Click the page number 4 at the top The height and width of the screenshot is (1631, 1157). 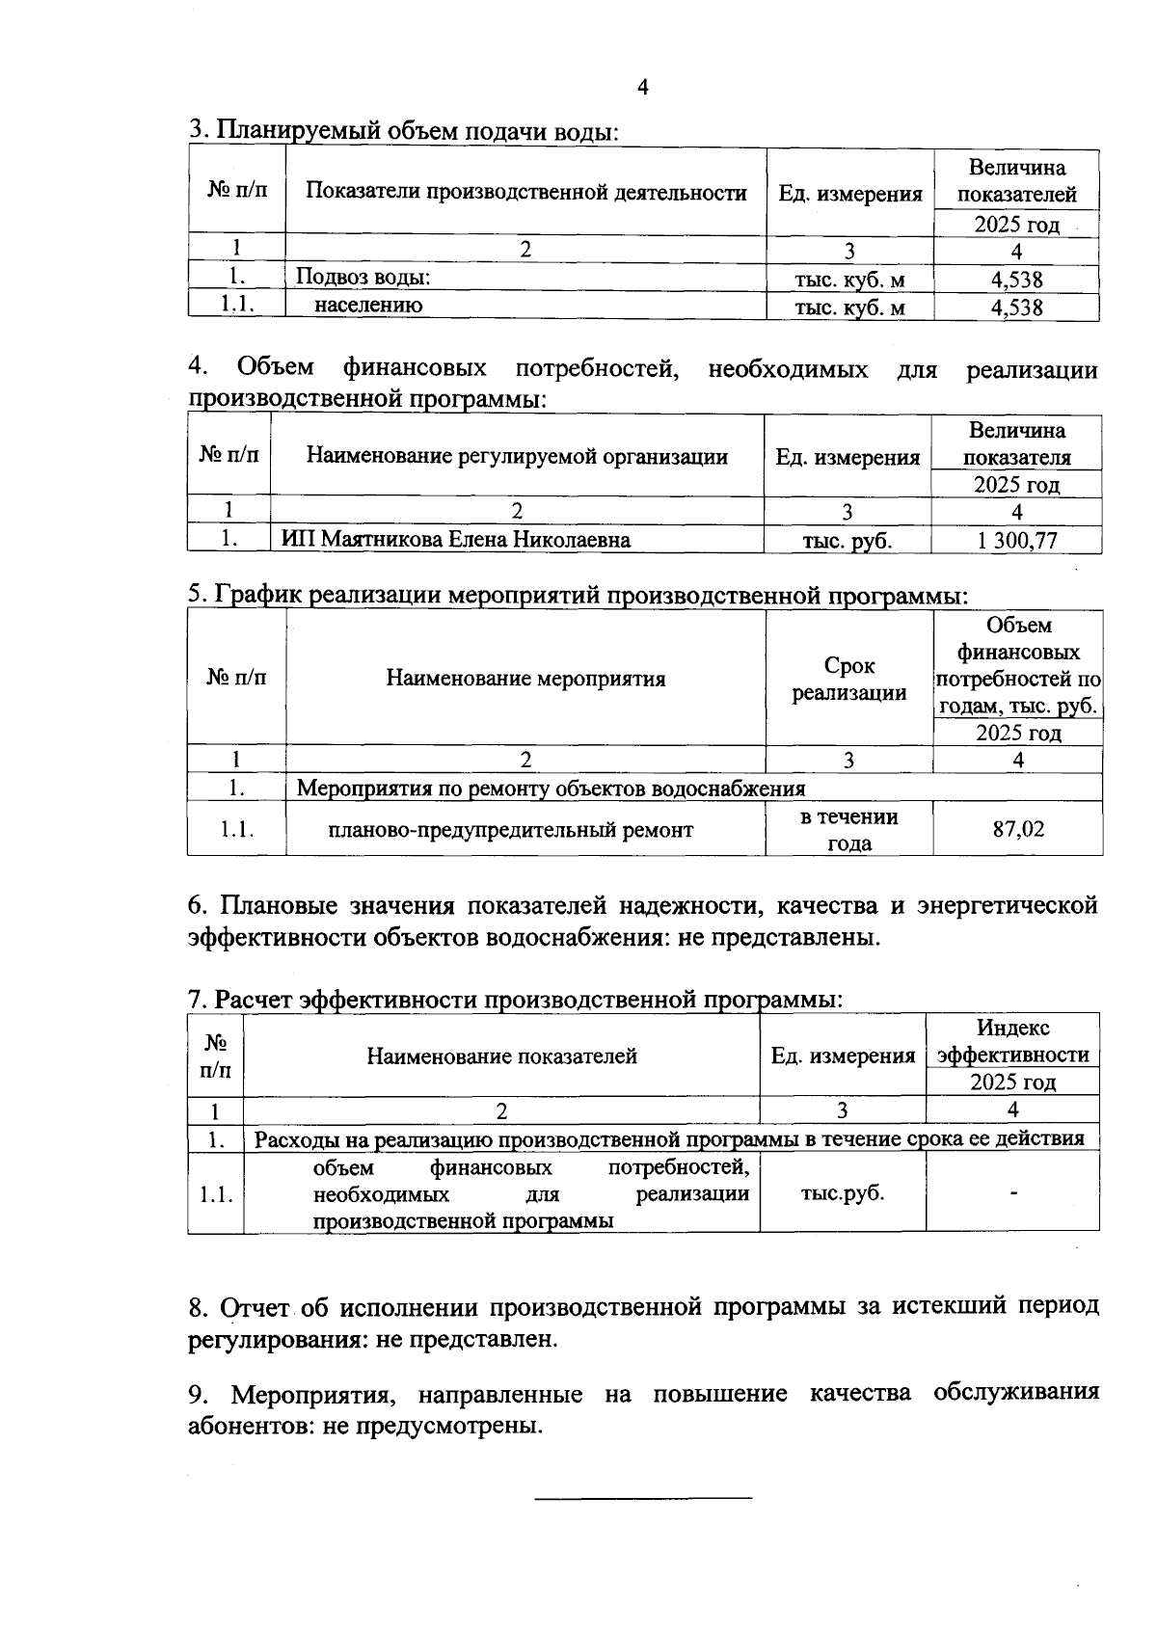point(643,88)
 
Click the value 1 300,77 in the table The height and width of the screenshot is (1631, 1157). point(1017,540)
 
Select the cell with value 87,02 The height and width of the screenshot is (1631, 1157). point(1018,829)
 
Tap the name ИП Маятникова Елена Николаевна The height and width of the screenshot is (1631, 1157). point(456,540)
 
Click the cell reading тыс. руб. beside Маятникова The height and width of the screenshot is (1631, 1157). point(847,541)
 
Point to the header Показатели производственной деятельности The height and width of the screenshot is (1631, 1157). point(525,192)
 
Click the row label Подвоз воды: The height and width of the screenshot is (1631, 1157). point(363,278)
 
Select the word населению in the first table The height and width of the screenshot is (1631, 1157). point(368,306)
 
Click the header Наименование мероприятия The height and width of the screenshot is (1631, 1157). point(525,679)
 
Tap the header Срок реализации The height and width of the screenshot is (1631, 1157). point(848,679)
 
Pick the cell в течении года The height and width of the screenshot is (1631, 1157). point(848,829)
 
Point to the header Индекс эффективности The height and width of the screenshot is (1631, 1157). point(1012,1041)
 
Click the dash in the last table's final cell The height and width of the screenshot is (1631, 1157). point(1013,1194)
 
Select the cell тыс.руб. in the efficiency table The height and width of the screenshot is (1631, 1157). point(842,1193)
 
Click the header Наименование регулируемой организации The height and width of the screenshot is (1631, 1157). point(517,456)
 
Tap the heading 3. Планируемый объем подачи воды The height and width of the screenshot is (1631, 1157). point(403,131)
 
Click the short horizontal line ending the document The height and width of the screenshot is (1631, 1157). point(643,1498)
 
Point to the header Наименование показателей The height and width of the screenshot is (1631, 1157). point(501,1056)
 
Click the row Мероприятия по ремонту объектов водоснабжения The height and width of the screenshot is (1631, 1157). point(550,789)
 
